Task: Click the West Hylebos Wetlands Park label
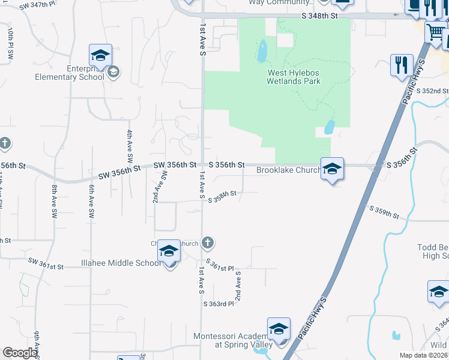[294, 77]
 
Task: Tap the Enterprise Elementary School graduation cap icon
[100, 56]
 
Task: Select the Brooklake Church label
[286, 170]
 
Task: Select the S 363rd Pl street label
[218, 304]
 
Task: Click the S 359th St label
[385, 211]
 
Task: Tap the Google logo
[20, 353]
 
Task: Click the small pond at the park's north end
[262, 52]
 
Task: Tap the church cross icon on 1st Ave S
[207, 243]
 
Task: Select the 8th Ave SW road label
[54, 201]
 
